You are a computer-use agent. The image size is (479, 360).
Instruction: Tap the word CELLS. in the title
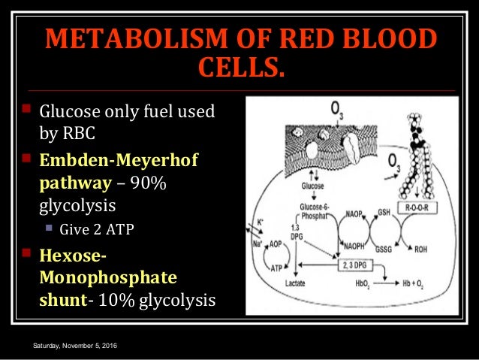click(x=240, y=71)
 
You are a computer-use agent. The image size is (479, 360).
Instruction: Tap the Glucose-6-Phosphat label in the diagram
click(x=311, y=213)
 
